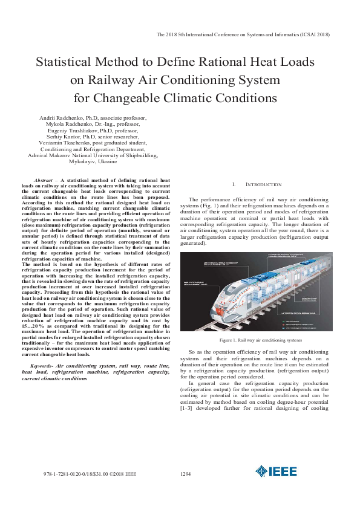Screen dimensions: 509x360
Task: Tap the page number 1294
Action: pos(186,475)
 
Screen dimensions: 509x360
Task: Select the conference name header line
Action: pos(242,34)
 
